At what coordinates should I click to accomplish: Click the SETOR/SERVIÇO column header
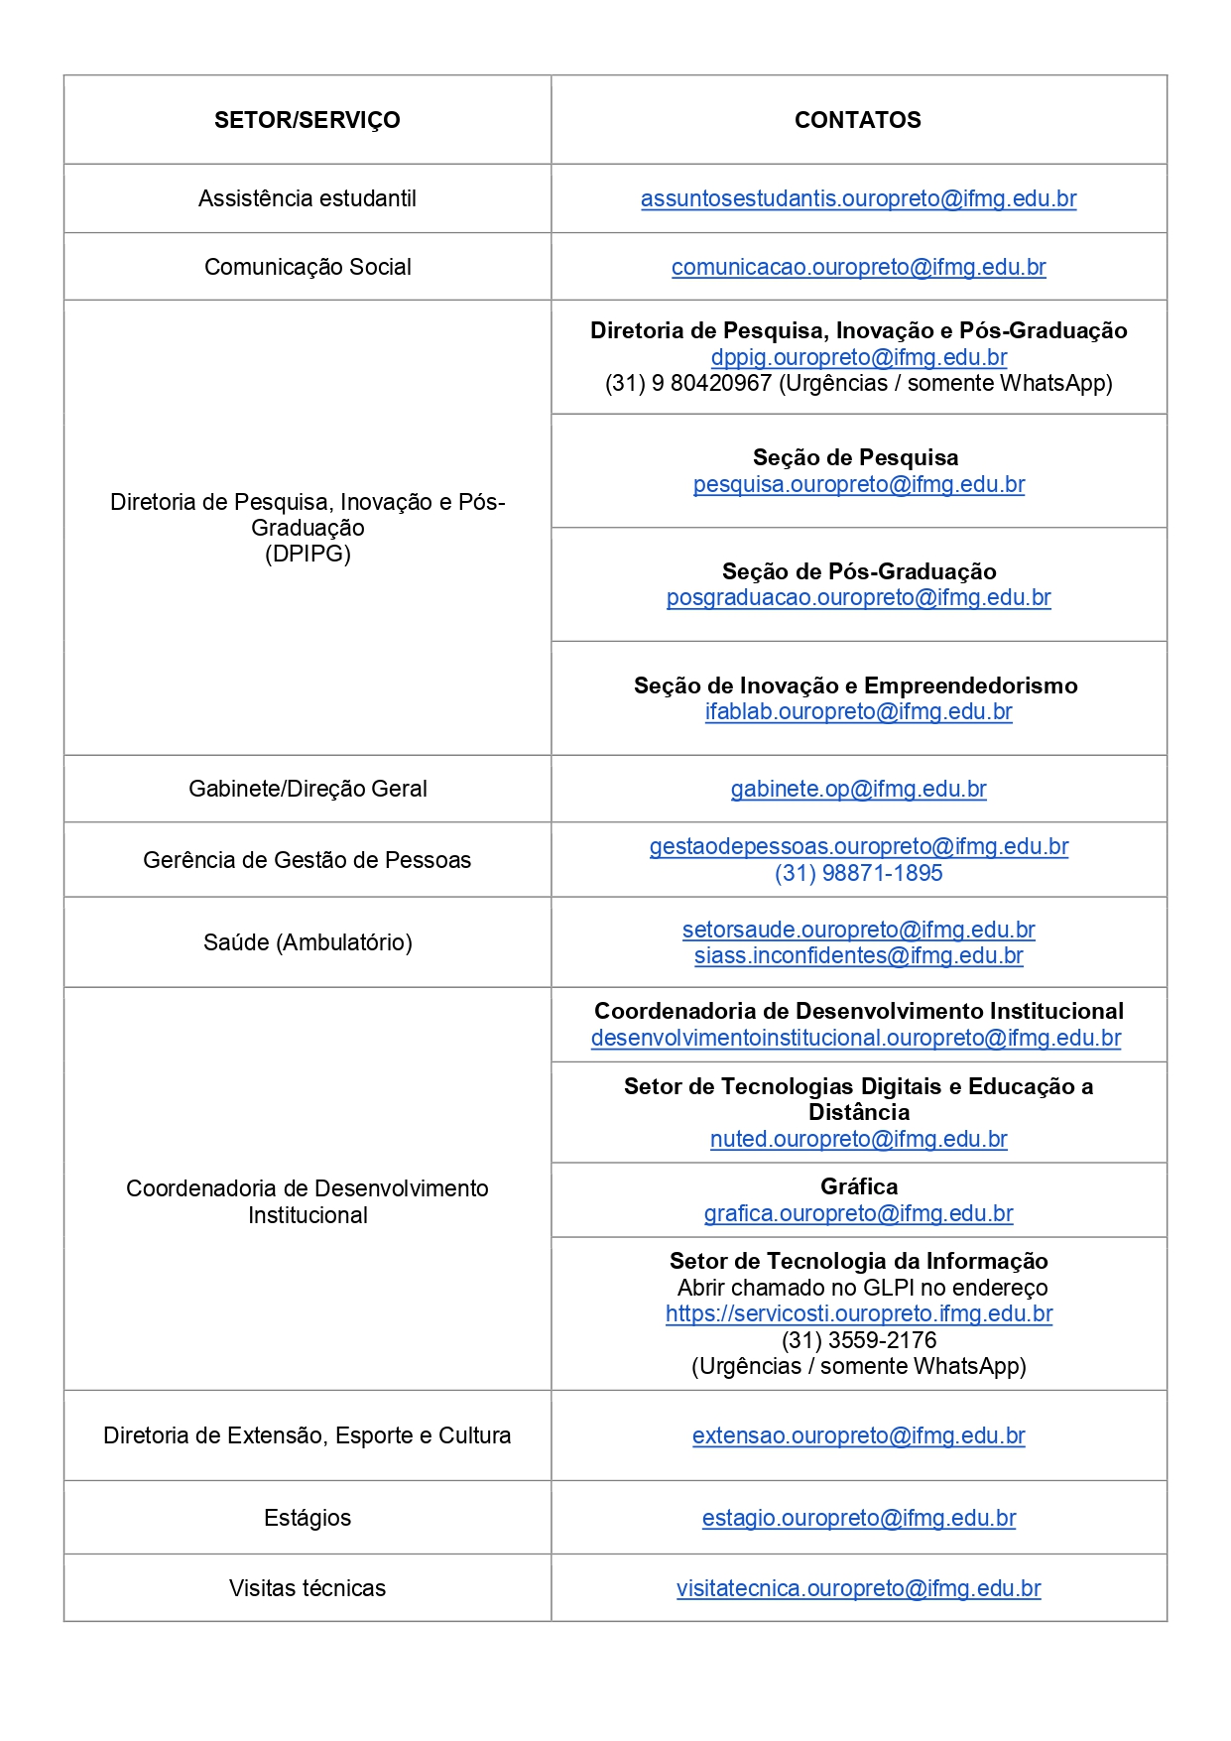click(307, 120)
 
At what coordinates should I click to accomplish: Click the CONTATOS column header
click(857, 120)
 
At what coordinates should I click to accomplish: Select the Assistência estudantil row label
click(307, 198)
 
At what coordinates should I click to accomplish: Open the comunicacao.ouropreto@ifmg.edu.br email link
click(858, 267)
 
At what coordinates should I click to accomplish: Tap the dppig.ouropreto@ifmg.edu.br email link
click(858, 357)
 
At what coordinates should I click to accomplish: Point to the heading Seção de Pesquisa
click(855, 457)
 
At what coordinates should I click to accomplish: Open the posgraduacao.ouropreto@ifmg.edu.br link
click(858, 597)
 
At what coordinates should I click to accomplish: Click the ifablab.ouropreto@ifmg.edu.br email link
click(858, 711)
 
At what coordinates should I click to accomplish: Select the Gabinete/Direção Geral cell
click(308, 789)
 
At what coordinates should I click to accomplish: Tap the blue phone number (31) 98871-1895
click(858, 873)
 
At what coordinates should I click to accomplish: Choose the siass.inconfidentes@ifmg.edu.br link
click(858, 955)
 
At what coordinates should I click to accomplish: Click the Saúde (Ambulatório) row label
click(308, 942)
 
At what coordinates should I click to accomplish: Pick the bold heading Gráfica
click(858, 1186)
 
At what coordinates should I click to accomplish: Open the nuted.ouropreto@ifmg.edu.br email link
click(858, 1139)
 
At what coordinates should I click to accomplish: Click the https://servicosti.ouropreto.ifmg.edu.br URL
click(858, 1313)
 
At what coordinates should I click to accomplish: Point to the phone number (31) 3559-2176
click(858, 1340)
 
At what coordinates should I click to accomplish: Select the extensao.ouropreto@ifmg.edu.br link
click(858, 1435)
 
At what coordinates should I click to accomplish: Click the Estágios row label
click(308, 1518)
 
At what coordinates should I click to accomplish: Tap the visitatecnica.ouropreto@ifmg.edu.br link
click(858, 1588)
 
